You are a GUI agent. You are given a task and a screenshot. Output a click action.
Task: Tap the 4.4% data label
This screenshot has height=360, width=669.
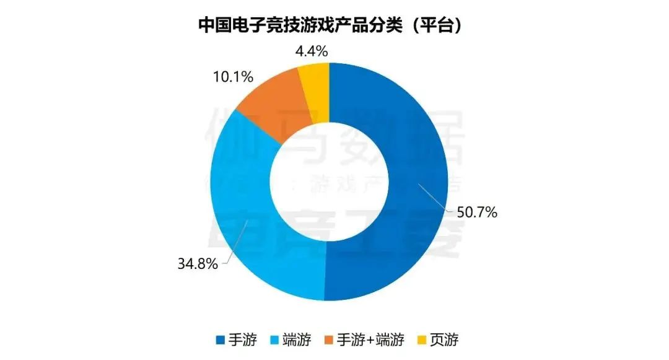(x=311, y=51)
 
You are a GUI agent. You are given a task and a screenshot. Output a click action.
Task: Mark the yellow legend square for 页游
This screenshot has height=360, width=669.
(x=421, y=340)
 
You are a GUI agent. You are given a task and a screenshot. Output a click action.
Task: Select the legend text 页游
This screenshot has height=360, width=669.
(x=445, y=340)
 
